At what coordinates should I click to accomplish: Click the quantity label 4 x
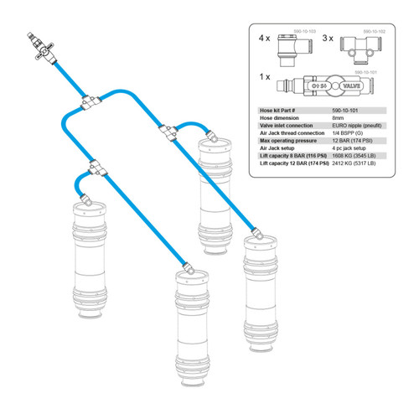click(x=265, y=39)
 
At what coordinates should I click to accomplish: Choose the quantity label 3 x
click(x=331, y=39)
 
